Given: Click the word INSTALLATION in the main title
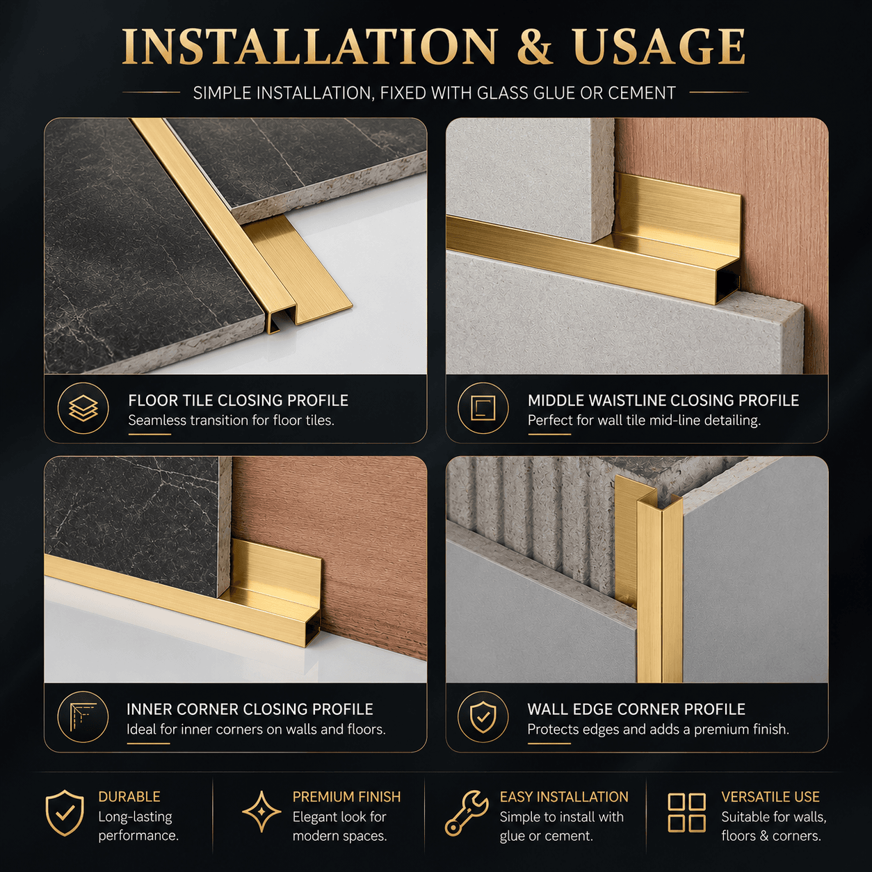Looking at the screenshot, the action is point(309,47).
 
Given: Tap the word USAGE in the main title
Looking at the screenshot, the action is point(659,47).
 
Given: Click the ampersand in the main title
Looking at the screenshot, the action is point(535,47).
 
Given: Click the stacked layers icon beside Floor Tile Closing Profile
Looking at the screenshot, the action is point(83,409).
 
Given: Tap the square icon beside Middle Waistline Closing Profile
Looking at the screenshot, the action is point(483,409).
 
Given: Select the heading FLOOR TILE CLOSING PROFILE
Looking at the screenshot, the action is point(239,401).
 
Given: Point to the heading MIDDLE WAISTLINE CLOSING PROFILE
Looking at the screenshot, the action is point(663,401).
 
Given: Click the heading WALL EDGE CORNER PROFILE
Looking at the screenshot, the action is point(636,709).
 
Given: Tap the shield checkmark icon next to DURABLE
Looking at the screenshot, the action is point(65,820).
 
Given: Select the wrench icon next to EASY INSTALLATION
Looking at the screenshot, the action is point(467,820).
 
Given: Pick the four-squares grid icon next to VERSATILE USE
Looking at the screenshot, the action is point(686,819).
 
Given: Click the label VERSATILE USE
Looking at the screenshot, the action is point(770,796).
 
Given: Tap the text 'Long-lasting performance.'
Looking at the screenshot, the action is point(138,826).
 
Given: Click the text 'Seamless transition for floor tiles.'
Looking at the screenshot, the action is point(232,421).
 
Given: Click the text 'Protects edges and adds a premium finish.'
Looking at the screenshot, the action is point(658,729).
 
